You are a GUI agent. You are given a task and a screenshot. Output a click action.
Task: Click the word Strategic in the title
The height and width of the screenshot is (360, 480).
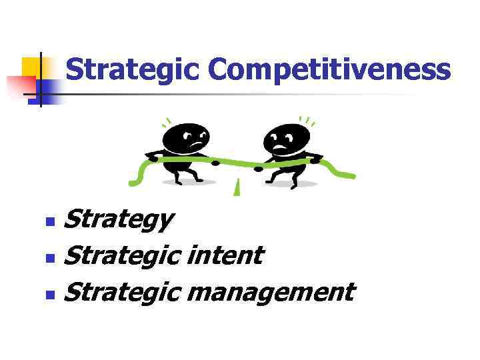point(133,70)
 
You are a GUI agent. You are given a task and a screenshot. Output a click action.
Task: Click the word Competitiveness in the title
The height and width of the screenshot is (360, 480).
point(329,70)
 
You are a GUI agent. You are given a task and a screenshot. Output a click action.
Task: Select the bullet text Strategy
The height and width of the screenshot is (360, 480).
point(120,219)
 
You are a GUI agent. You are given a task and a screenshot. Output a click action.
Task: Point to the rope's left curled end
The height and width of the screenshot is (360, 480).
point(137,175)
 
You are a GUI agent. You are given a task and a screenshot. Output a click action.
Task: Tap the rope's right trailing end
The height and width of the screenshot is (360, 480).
point(343,172)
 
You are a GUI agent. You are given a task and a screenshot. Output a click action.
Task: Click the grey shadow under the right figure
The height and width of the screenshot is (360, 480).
point(293,184)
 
